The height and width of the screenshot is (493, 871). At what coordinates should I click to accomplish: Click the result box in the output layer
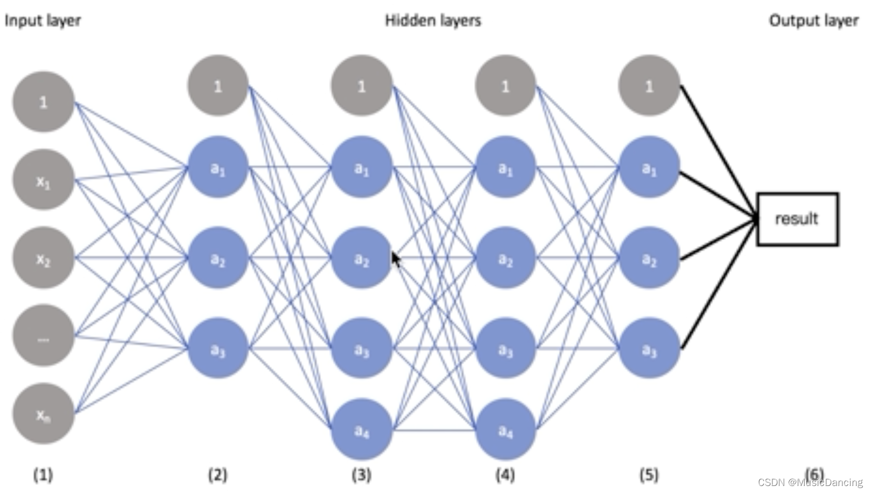797,219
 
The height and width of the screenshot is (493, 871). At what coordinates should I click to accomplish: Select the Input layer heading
43,20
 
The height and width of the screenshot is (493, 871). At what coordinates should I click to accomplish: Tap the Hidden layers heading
433,20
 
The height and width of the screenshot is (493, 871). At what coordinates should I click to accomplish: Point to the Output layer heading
813,20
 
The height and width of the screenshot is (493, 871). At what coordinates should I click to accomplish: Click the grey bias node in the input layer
43,102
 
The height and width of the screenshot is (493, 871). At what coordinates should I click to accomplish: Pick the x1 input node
43,180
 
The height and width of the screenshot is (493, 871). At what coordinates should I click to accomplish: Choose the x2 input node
43,258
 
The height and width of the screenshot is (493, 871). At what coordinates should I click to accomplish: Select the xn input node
43,413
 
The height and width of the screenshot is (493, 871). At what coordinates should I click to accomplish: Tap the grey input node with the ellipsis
43,335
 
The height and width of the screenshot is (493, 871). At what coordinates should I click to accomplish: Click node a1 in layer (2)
217,167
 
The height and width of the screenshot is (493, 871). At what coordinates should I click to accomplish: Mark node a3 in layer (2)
217,348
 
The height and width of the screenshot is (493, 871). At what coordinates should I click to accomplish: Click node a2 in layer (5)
649,258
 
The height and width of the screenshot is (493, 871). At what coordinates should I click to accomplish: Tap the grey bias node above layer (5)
649,86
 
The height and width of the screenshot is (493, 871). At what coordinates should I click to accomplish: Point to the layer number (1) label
43,475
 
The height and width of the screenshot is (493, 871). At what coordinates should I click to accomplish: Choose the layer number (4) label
505,475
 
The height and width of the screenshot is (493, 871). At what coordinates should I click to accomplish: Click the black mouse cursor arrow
396,259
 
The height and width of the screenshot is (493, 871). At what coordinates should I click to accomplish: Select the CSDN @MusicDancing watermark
810,482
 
